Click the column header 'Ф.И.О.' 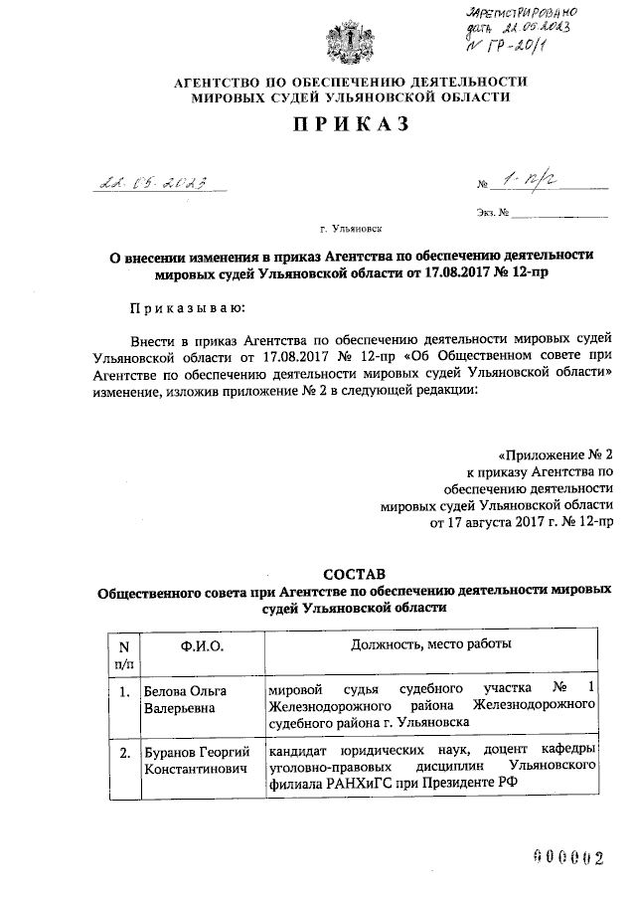tap(203, 645)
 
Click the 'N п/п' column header tap(124, 652)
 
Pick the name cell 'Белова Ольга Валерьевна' tap(186, 698)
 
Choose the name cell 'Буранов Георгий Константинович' tap(194, 761)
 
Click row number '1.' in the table tap(124, 691)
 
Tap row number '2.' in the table tap(124, 753)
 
